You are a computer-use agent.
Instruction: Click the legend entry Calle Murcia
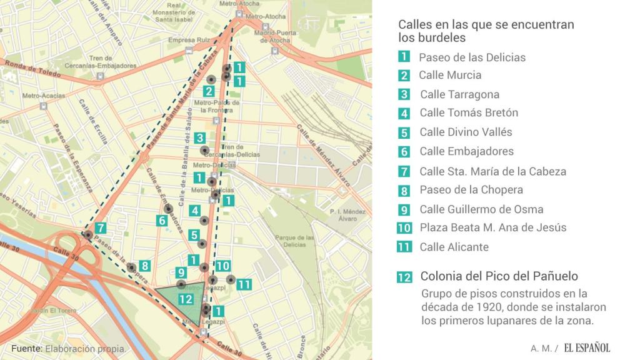pyautogui.click(x=450, y=75)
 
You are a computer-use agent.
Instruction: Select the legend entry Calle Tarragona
pyautogui.click(x=459, y=94)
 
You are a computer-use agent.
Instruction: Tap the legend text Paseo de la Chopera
pyautogui.click(x=471, y=189)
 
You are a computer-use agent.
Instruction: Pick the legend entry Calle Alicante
pyautogui.click(x=454, y=247)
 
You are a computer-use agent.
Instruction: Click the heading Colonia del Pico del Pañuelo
pyautogui.click(x=499, y=276)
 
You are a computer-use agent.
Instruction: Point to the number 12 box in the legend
pyautogui.click(x=404, y=277)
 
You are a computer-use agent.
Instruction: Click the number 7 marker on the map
pyautogui.click(x=101, y=228)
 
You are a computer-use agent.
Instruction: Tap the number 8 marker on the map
pyautogui.click(x=144, y=265)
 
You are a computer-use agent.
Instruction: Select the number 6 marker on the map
pyautogui.click(x=161, y=220)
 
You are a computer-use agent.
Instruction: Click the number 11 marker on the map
pyautogui.click(x=244, y=284)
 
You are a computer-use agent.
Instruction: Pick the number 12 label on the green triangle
pyautogui.click(x=185, y=299)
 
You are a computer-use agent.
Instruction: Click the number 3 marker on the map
pyautogui.click(x=199, y=137)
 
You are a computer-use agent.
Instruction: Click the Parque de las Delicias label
pyautogui.click(x=294, y=241)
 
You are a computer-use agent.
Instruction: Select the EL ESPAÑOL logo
pyautogui.click(x=586, y=347)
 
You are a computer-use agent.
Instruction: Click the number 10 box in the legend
pyautogui.click(x=404, y=228)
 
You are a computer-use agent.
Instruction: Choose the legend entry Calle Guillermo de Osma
pyautogui.click(x=481, y=209)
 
